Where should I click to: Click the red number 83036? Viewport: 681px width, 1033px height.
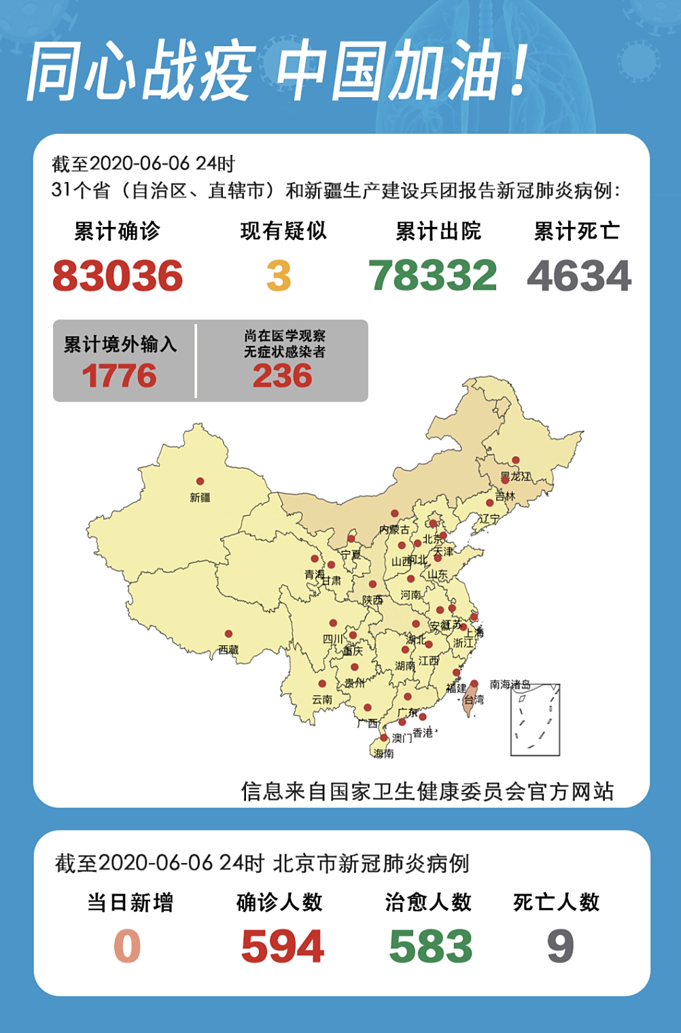click(x=118, y=276)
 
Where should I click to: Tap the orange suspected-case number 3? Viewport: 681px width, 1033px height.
click(x=279, y=276)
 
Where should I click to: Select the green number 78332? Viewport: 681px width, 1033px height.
click(x=433, y=276)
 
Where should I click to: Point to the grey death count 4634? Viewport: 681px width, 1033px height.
click(x=579, y=276)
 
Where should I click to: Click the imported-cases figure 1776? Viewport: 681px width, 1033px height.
click(x=120, y=376)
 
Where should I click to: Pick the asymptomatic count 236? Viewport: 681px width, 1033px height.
click(x=283, y=376)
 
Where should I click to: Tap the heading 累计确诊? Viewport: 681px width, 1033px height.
click(x=117, y=231)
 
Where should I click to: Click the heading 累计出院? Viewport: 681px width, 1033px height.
click(x=438, y=231)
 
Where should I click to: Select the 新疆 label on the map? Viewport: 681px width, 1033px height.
click(x=200, y=497)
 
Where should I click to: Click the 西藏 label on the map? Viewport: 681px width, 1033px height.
click(x=228, y=650)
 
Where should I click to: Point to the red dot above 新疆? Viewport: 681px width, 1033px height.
click(x=200, y=481)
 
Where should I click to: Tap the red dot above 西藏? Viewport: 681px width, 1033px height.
click(x=228, y=634)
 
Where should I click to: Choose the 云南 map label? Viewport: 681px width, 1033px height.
click(x=322, y=699)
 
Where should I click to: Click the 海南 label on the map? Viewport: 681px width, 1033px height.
click(x=383, y=753)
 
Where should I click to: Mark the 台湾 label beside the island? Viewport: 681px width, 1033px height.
click(x=474, y=699)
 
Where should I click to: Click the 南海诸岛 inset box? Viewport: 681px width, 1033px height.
click(x=536, y=720)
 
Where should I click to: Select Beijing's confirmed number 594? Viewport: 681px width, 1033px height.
click(x=283, y=947)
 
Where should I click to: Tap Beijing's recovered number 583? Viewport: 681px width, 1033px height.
click(x=430, y=947)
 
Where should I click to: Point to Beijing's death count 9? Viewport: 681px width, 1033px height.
click(x=560, y=947)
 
